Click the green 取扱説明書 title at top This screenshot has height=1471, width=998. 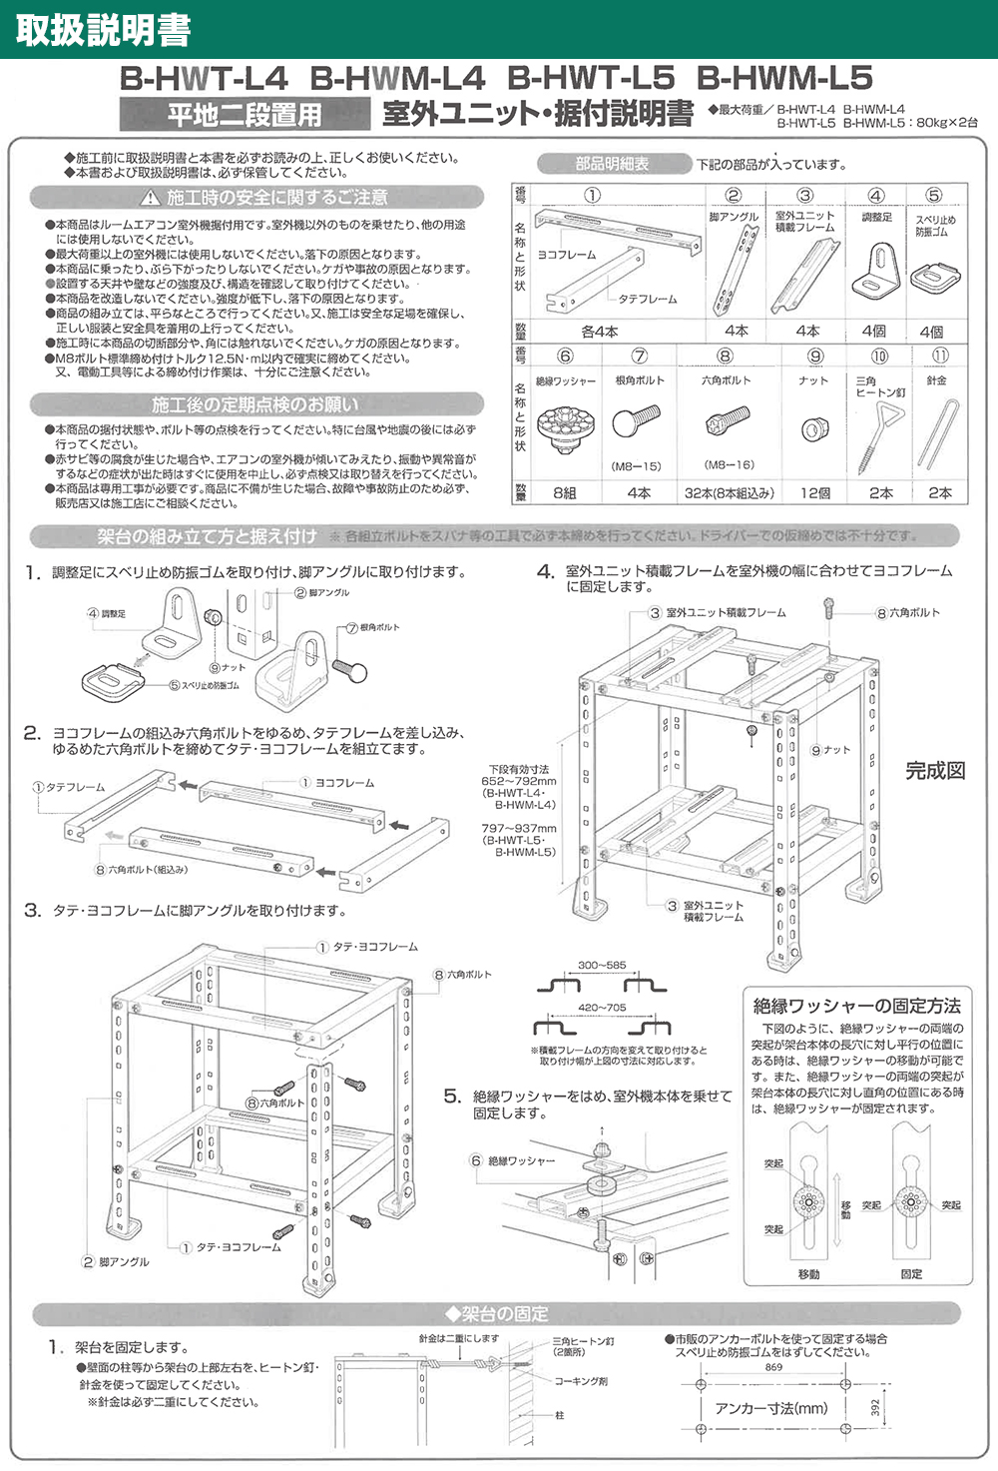coord(103,30)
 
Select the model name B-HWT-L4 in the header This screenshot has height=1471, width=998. coord(204,78)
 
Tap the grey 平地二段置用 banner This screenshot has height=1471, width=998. coord(245,115)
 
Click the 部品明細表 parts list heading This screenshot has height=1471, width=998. coord(612,164)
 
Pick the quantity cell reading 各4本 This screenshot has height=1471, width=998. coord(599,332)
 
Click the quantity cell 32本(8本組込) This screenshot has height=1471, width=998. coord(729,493)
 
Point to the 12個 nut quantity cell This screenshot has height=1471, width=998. coord(815,493)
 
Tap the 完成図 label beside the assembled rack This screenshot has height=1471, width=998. coord(935,770)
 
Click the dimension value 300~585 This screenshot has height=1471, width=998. coord(602,966)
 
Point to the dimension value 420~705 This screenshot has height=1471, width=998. coord(602,1008)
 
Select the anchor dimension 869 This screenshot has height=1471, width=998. coord(773,1367)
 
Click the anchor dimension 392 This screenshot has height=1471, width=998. coord(876,1407)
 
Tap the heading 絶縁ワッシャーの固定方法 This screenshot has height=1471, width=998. coord(856,1006)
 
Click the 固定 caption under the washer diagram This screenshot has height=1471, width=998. coord(911,1274)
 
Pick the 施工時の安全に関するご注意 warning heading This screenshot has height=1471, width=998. coord(263,198)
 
